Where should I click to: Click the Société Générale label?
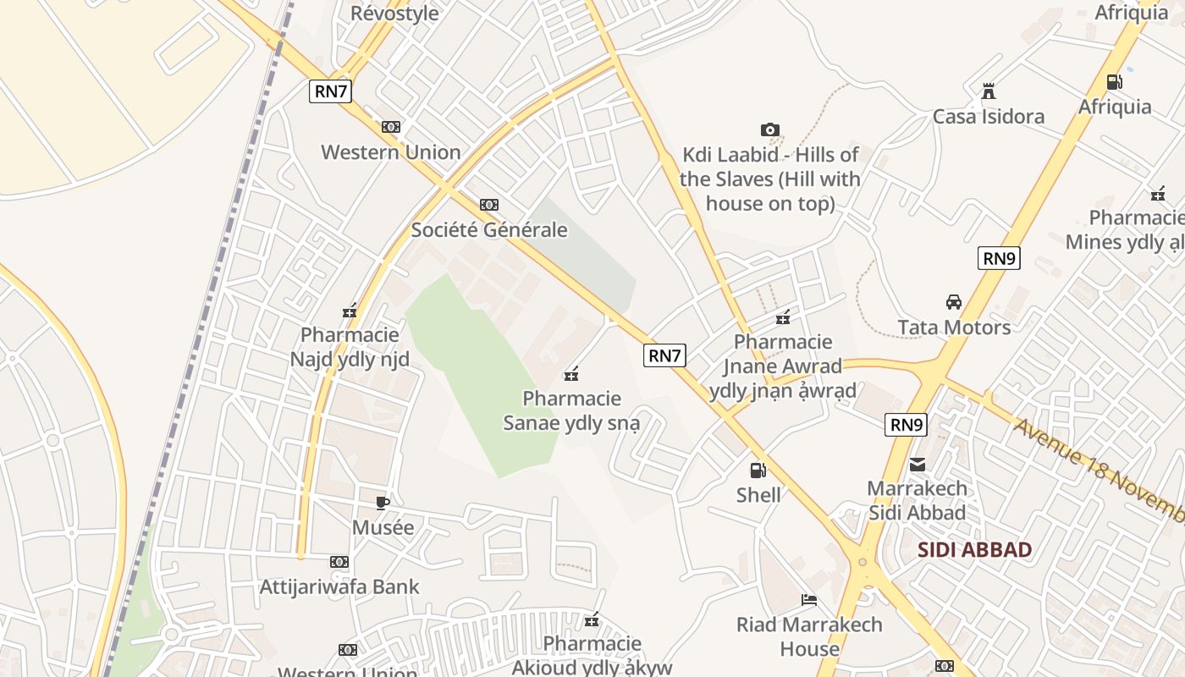click(x=489, y=230)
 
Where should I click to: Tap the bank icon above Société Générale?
click(x=489, y=205)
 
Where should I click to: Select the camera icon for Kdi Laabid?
click(x=769, y=129)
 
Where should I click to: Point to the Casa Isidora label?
click(x=988, y=117)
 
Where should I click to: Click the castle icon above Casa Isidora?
click(x=988, y=91)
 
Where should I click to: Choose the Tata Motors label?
click(x=954, y=327)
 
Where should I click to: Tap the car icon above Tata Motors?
click(x=954, y=302)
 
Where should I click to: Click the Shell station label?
click(x=758, y=495)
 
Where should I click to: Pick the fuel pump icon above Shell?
click(x=758, y=471)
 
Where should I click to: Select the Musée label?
click(x=383, y=528)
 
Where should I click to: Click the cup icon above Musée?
click(x=383, y=503)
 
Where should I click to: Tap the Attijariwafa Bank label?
click(x=339, y=586)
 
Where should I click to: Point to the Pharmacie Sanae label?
click(x=572, y=410)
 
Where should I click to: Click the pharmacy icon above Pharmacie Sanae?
click(x=571, y=373)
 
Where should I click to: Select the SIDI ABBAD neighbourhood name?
click(x=975, y=550)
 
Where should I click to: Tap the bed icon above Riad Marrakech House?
click(x=809, y=600)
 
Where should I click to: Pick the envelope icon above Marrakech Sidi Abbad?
click(x=918, y=464)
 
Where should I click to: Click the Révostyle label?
click(x=394, y=13)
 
